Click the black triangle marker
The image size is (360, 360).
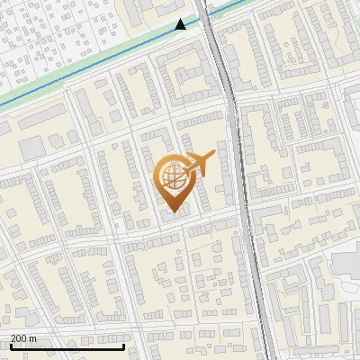point(181,24)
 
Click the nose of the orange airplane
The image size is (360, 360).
point(215,155)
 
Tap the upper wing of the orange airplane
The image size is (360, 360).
point(196,154)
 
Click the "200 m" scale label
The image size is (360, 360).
point(23,338)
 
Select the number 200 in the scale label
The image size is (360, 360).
point(19,338)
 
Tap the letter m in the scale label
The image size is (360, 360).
point(33,338)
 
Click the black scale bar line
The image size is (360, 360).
point(67,346)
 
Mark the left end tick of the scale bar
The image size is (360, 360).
point(11,346)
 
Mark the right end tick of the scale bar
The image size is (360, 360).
point(123,346)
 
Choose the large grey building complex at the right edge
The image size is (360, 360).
point(346,270)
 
